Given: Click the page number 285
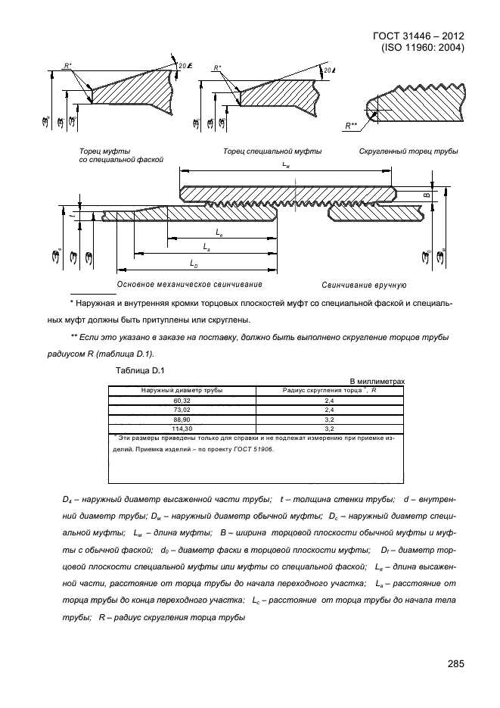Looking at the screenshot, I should tap(454, 664).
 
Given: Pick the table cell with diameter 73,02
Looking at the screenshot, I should tap(182, 409).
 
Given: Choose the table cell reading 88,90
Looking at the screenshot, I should tap(182, 418).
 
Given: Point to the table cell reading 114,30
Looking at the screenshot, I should tap(182, 427).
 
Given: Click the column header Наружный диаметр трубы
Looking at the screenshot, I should tap(182, 390).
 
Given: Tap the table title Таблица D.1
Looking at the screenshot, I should tap(134, 370).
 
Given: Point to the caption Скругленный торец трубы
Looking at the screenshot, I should tap(408, 151).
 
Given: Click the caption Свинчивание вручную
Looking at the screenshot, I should tap(364, 285).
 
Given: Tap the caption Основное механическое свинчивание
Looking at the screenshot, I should tap(189, 285).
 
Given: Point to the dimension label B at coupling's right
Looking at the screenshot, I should tap(426, 195).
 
